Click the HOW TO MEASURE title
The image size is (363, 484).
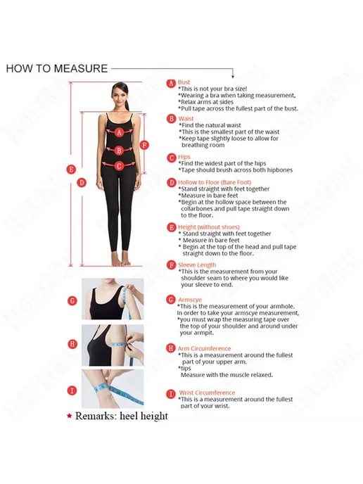click(x=57, y=68)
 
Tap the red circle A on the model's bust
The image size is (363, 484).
click(x=120, y=132)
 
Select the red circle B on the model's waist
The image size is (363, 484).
click(x=119, y=151)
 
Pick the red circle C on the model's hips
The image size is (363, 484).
click(x=119, y=166)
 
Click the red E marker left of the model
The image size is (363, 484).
click(x=71, y=169)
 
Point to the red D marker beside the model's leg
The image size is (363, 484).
click(x=82, y=182)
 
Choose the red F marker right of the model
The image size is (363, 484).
click(x=144, y=145)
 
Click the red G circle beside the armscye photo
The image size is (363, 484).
click(x=72, y=300)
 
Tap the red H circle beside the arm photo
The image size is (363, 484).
click(x=72, y=344)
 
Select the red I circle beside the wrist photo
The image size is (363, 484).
click(x=72, y=390)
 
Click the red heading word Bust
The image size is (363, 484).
click(x=184, y=82)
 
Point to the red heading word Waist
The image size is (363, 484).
click(x=186, y=118)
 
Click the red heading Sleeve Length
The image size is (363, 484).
click(x=197, y=265)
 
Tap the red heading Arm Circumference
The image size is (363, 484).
click(x=204, y=348)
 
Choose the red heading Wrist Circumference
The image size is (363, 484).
click(x=207, y=393)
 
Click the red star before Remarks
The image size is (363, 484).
click(x=70, y=416)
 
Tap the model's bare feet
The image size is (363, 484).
click(x=121, y=262)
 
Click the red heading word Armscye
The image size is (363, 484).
click(x=190, y=300)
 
